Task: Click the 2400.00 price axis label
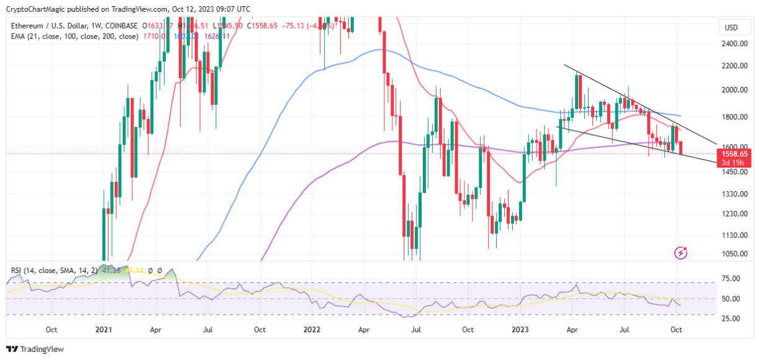733,44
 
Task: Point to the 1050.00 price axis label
733,254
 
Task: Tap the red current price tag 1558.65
733,153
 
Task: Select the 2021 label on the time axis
103,330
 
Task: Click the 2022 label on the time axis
311,330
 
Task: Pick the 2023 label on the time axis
520,330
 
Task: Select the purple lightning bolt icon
682,253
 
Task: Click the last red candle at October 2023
681,148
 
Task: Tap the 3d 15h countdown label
733,163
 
